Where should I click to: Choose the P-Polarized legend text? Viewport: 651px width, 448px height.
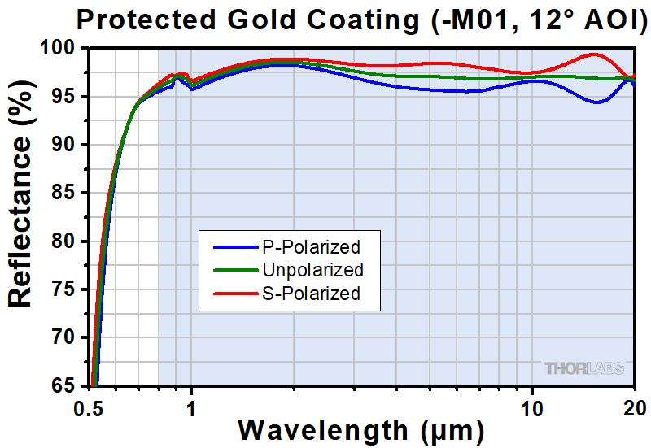click(x=311, y=246)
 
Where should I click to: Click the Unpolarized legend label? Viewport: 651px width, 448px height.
click(x=312, y=269)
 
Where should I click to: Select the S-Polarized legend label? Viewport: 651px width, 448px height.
click(x=311, y=294)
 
